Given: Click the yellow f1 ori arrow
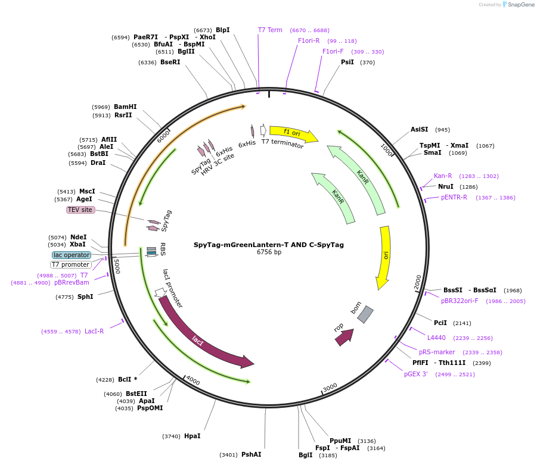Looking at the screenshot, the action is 293,133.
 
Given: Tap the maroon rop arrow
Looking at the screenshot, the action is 344,337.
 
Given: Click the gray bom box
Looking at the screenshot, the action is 365,314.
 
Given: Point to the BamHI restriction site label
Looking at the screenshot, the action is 125,107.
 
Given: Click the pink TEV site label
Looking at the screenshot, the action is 80,210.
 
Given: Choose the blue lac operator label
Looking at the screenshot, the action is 72,255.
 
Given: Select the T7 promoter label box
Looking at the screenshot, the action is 70,264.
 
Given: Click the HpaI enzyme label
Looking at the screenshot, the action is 192,436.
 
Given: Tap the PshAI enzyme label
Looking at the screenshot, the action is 251,454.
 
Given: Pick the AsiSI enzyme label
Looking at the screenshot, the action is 419,129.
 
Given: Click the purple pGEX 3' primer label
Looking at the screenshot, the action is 416,374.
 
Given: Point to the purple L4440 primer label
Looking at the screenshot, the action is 436,338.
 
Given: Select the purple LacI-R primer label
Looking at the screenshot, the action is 94,331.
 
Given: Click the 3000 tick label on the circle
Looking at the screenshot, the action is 330,388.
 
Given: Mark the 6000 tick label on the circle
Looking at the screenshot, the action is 163,136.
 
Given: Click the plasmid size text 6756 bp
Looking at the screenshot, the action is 269,252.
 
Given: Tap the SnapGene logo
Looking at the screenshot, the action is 519,4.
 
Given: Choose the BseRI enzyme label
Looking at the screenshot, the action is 170,62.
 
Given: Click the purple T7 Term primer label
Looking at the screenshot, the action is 270,30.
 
